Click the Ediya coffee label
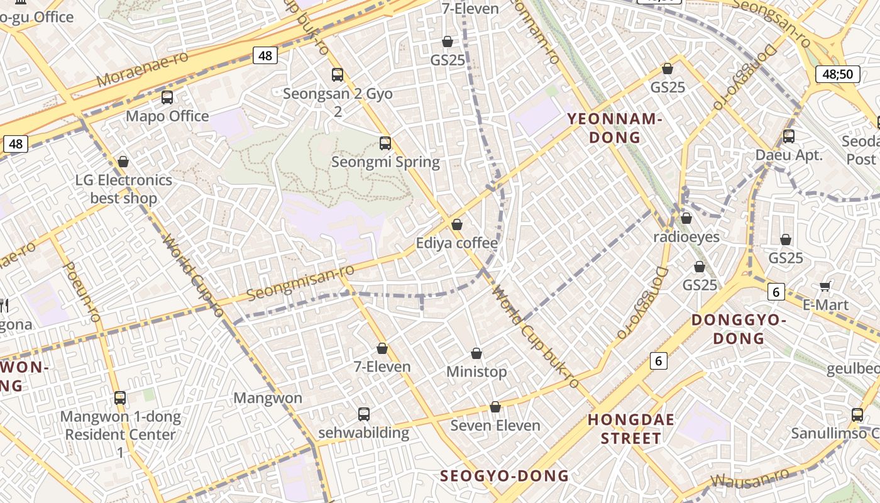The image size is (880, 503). point(457,243)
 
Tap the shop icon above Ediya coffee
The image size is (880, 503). point(457,224)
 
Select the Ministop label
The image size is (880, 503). point(476,372)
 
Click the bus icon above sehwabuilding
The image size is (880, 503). point(364,414)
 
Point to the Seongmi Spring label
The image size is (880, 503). point(385,162)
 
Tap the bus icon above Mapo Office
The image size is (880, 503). point(167,97)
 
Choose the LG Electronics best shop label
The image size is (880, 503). point(123,189)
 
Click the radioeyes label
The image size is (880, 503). point(686,237)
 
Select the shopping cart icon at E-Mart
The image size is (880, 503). point(825,287)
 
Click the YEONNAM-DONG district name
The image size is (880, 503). point(615,128)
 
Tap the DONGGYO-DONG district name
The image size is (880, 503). point(739,329)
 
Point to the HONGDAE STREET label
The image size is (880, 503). point(631,429)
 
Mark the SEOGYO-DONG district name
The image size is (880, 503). point(504,476)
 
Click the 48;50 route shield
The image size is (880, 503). point(838,74)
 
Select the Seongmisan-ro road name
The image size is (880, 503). point(300,282)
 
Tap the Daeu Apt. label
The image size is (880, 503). point(789,155)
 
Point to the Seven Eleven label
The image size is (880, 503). point(495,425)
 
